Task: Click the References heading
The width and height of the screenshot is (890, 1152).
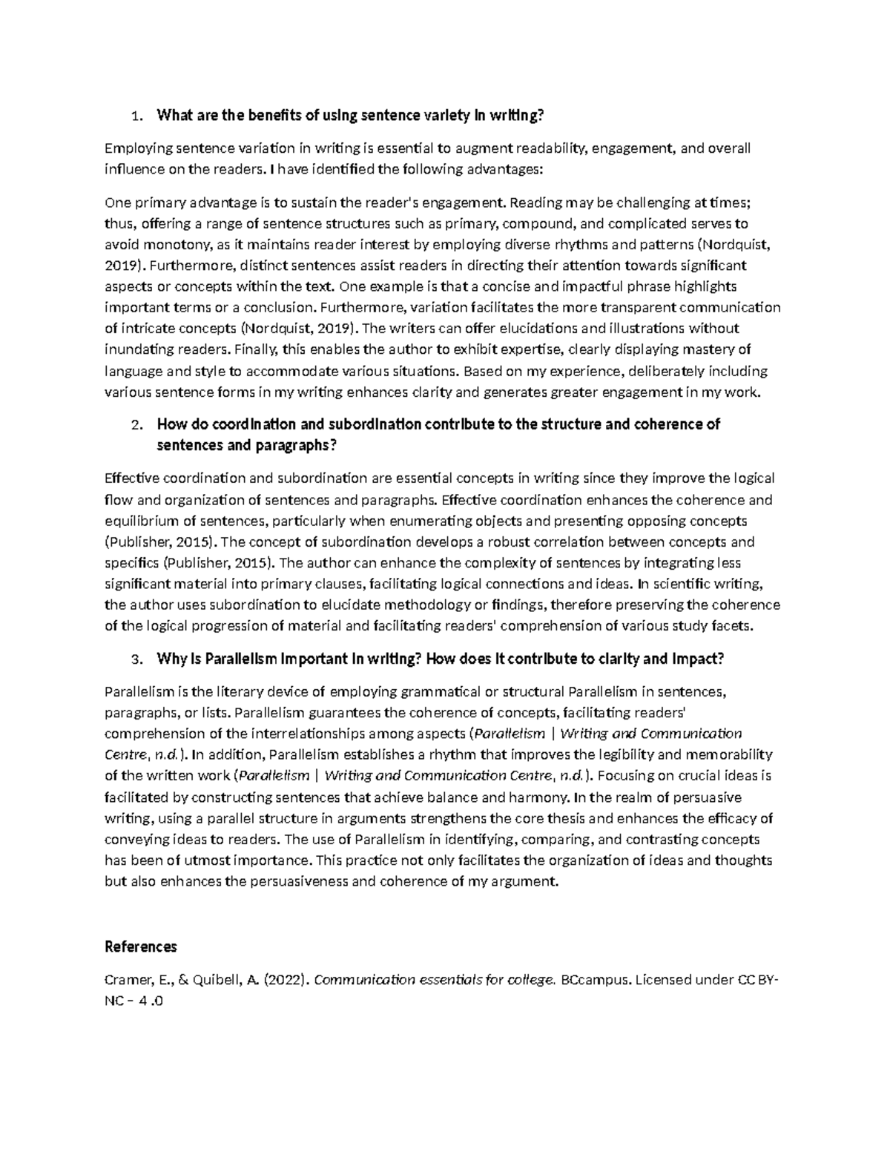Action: pos(141,947)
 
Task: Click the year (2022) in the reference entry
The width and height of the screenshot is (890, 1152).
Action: pos(286,980)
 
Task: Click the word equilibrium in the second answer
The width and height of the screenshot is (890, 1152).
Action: pos(141,521)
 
